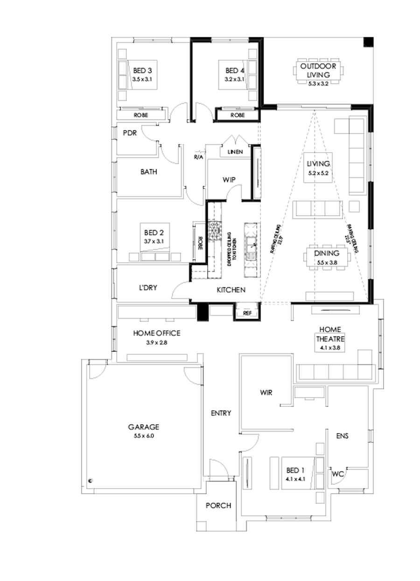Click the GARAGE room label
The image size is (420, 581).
[144, 427]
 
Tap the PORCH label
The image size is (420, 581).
[218, 506]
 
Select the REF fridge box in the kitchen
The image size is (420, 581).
[247, 313]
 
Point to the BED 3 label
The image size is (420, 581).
[142, 70]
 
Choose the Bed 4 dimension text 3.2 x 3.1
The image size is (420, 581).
[234, 79]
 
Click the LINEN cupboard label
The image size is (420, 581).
[235, 152]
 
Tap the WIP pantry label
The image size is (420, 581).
[229, 180]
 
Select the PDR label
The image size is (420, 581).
[129, 133]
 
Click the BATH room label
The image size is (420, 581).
[148, 172]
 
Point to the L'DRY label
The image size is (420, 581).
[147, 287]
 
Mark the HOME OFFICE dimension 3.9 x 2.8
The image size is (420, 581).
[156, 342]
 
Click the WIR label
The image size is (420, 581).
[266, 393]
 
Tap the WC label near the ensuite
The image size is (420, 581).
[338, 474]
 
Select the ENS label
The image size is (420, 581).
[343, 436]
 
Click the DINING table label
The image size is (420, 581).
[326, 253]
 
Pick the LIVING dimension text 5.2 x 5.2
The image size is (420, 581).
[318, 173]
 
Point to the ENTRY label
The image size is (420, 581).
[221, 413]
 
